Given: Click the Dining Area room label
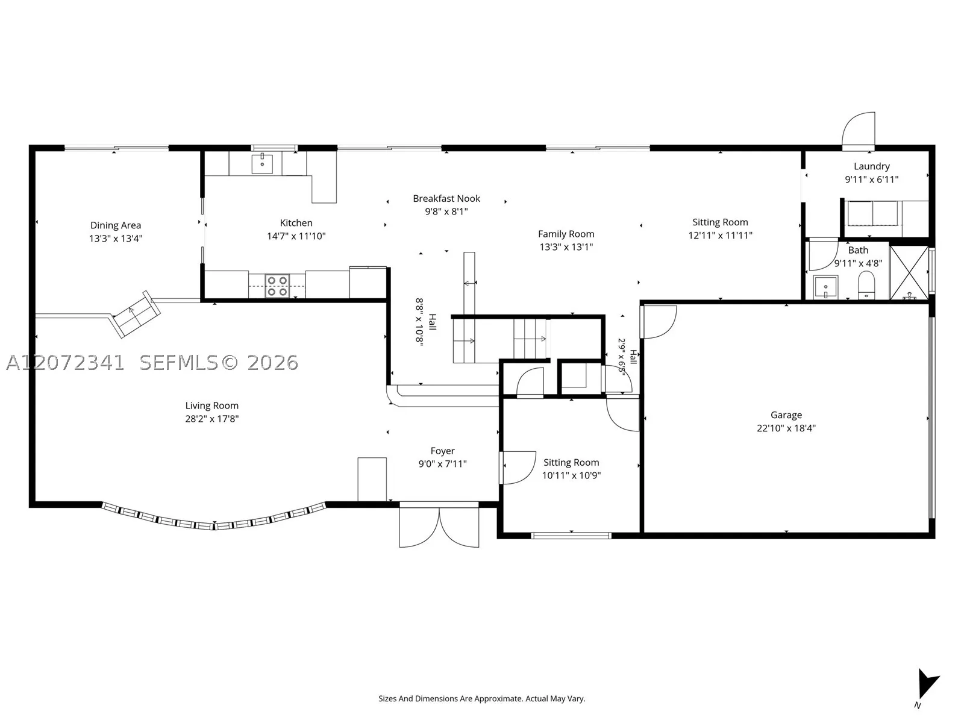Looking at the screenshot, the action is (116, 225).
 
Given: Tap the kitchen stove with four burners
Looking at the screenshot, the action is (277, 286).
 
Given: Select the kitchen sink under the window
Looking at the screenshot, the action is (261, 164).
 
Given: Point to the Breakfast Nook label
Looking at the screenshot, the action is (446, 198).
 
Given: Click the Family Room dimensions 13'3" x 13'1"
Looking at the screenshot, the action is (566, 246).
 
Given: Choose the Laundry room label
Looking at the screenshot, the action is (871, 166).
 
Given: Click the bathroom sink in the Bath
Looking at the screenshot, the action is (825, 287).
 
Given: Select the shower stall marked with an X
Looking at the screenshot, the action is (909, 273).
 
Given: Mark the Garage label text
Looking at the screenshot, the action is (786, 415).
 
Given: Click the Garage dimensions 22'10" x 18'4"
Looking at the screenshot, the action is (786, 428).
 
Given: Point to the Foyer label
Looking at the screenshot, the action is (442, 451).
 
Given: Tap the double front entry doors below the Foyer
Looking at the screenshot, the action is (439, 525).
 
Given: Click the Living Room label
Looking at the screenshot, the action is (211, 405).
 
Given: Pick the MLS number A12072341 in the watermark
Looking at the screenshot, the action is (65, 363).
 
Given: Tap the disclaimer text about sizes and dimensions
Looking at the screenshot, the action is (482, 698).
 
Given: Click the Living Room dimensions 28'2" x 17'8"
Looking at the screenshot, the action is (211, 418).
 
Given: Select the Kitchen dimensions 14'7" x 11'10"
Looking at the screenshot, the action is (296, 236).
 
